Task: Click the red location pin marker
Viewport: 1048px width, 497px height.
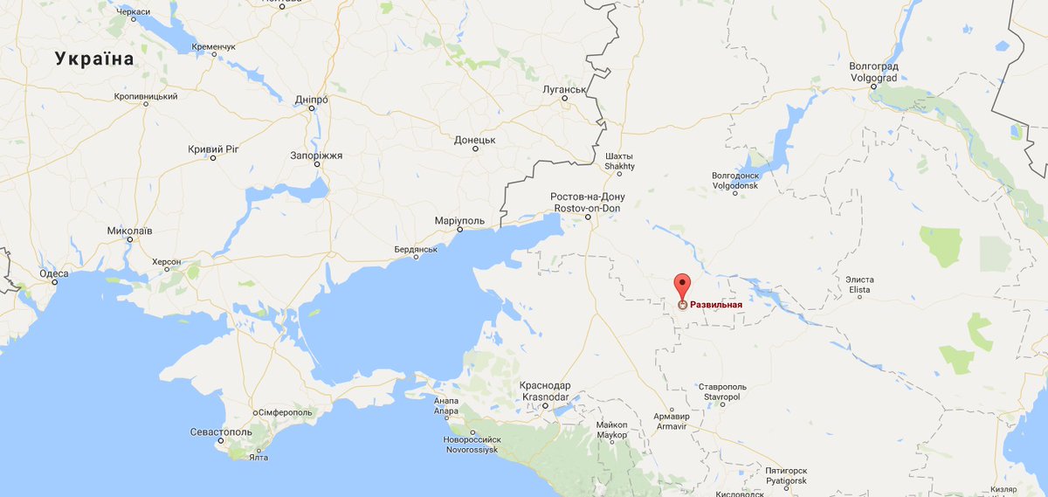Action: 682,286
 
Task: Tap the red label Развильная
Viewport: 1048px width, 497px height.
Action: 716,305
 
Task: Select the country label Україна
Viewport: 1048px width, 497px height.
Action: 94,59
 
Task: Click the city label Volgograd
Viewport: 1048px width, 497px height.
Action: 873,77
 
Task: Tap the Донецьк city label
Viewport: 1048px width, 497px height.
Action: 475,140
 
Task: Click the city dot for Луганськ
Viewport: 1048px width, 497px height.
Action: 564,98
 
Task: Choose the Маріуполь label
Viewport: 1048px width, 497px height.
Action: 459,220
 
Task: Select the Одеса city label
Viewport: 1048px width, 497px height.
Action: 53,273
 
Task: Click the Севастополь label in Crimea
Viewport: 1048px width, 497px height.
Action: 221,431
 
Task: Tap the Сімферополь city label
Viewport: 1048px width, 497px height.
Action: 286,411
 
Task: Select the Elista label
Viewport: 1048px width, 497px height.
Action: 859,289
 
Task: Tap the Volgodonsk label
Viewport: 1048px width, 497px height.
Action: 735,186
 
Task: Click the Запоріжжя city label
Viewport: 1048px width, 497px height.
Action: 316,155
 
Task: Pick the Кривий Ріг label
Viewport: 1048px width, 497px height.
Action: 213,149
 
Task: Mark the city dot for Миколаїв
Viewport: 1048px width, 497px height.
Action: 129,238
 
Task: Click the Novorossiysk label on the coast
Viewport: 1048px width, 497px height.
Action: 471,448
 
